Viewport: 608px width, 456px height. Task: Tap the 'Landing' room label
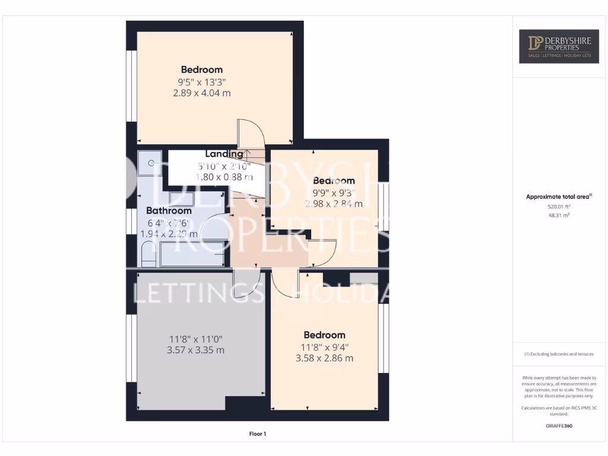(x=224, y=154)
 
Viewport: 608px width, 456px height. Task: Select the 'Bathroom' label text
(x=169, y=211)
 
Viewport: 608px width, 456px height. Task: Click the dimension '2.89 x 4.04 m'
(x=202, y=93)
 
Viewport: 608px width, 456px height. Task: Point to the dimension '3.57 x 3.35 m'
(x=197, y=350)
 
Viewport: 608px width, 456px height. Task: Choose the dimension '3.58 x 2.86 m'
(x=324, y=359)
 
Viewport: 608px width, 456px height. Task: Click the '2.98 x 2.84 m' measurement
(x=334, y=204)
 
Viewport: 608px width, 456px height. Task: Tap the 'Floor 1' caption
(x=257, y=434)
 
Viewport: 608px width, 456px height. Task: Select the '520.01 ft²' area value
(x=559, y=207)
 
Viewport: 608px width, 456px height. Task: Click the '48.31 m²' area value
(x=559, y=216)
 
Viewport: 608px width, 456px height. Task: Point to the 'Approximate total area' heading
(x=558, y=197)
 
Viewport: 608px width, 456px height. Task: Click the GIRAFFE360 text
(x=559, y=426)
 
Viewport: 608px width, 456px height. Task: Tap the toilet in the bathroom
(x=147, y=256)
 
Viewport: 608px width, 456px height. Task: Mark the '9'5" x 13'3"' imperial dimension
(x=202, y=83)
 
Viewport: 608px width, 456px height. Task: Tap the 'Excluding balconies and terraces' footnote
(x=559, y=354)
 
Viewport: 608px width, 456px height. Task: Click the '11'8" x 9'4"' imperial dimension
(x=324, y=348)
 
